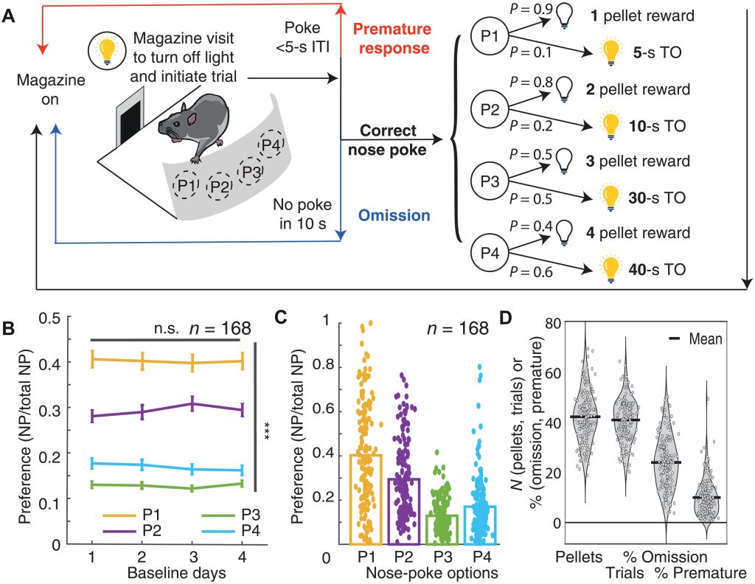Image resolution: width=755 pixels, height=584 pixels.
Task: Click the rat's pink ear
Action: (192, 119)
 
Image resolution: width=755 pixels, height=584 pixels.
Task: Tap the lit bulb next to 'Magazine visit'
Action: (106, 50)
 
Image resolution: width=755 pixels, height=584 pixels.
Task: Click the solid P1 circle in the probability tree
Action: (490, 36)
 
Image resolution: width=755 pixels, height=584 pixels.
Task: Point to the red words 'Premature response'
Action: (392, 38)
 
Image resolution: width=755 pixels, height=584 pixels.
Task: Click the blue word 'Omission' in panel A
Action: (394, 215)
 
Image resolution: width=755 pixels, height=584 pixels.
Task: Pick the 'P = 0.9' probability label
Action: (529, 9)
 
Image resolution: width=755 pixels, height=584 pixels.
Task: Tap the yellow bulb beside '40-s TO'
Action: (610, 270)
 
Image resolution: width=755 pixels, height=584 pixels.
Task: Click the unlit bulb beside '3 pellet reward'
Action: (563, 161)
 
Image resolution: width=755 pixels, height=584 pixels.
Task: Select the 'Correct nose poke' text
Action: (387, 140)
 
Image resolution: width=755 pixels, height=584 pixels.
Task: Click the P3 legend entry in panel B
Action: (231, 515)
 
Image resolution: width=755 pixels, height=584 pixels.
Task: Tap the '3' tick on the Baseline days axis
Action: (192, 557)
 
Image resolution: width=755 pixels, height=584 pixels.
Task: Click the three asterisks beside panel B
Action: (265, 430)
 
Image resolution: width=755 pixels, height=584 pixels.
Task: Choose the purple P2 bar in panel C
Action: (404, 511)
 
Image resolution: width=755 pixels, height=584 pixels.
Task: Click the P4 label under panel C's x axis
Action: (481, 557)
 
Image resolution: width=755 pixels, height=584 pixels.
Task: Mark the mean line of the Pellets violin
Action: (585, 417)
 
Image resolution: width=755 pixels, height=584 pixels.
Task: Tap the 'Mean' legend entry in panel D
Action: (696, 339)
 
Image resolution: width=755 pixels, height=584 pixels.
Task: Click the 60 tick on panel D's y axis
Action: (553, 374)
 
